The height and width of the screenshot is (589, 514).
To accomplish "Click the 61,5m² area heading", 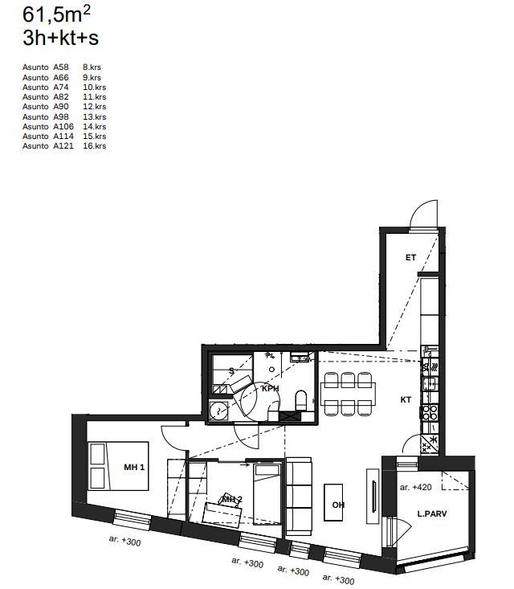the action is point(56,14).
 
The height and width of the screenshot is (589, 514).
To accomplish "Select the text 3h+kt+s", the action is point(60,38).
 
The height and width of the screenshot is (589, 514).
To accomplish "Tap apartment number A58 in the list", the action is point(61,67).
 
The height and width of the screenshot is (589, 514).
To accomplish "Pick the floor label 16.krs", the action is point(94,145).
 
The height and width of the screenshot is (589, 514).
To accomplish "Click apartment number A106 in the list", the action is point(63,127).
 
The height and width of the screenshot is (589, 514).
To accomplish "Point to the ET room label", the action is point(410,257).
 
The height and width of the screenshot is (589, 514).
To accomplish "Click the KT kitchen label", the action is point(406,399).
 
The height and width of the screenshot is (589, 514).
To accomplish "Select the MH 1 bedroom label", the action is point(134,468).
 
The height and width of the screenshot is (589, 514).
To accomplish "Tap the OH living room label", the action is point(338,505).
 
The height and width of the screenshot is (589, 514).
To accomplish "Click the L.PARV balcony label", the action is point(432,513).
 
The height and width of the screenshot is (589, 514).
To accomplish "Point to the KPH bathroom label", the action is point(271,388).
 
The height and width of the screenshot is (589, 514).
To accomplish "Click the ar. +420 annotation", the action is point(416,487).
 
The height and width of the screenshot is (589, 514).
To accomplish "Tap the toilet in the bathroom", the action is point(301,400).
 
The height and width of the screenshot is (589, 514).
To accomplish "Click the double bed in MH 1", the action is point(118,466).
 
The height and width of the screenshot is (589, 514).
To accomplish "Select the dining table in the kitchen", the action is point(348,394).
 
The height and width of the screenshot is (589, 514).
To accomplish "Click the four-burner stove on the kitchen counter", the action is point(429,413).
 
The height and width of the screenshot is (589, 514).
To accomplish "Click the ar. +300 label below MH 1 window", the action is point(124,541).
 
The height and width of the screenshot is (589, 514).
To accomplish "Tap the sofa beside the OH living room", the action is point(299,497).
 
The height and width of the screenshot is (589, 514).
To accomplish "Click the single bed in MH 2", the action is point(267,493).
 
